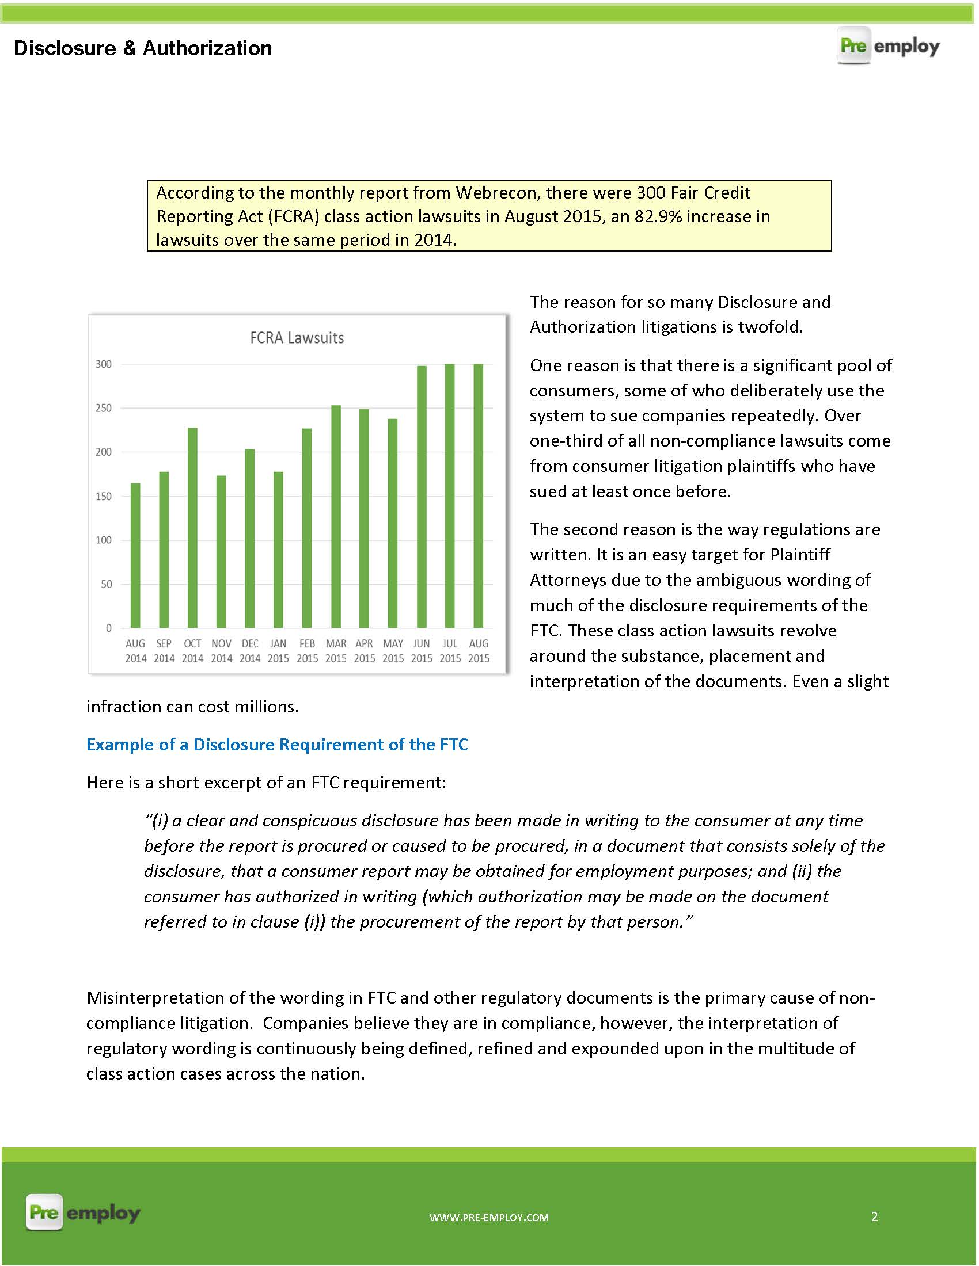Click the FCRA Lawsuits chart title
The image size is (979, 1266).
[x=297, y=338]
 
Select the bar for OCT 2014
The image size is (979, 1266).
[x=192, y=528]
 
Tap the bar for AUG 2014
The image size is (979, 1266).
[x=135, y=555]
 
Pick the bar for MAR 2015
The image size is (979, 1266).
[x=336, y=517]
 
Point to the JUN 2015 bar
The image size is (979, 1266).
[x=422, y=497]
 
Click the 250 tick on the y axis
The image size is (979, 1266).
[x=103, y=408]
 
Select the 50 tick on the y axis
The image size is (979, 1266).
[x=106, y=584]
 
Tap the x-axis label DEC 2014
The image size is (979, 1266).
[x=250, y=651]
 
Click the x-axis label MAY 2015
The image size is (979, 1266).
[x=393, y=651]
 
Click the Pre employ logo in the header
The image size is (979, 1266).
[x=888, y=46]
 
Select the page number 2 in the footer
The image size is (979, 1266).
[x=874, y=1217]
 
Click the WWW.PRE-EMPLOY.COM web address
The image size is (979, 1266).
[x=489, y=1218]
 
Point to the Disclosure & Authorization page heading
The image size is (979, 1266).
[x=143, y=48]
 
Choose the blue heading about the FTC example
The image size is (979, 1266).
[x=276, y=745]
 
